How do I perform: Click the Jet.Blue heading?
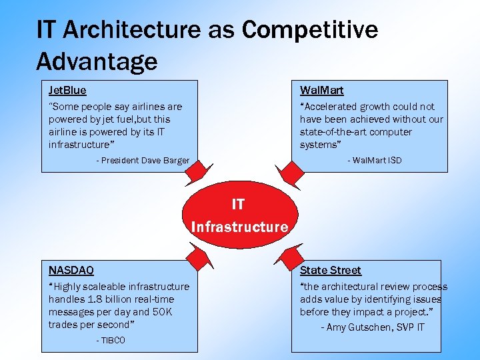[67, 90]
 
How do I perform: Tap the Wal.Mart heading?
[321, 90]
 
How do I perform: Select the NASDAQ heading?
[71, 270]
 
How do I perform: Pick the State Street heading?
[330, 270]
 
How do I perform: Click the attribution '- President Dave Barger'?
[143, 161]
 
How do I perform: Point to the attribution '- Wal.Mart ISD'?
[374, 161]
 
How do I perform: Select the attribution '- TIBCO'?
[111, 341]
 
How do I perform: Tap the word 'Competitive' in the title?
[310, 30]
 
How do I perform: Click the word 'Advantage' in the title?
[97, 61]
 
